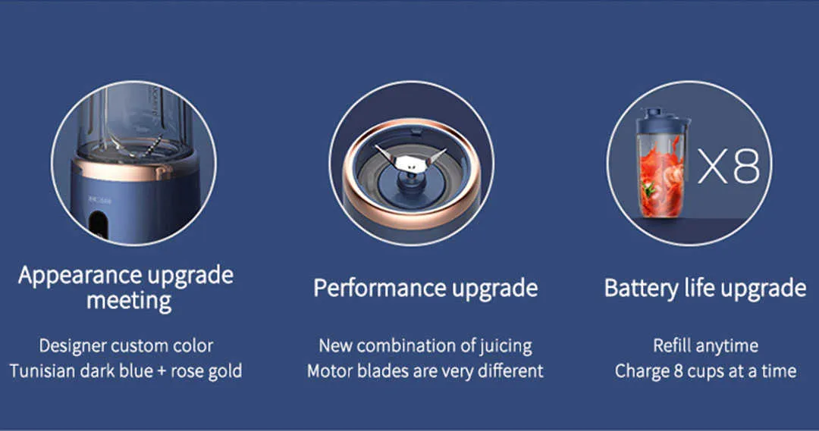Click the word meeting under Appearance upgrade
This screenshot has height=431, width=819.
pyautogui.click(x=129, y=301)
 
